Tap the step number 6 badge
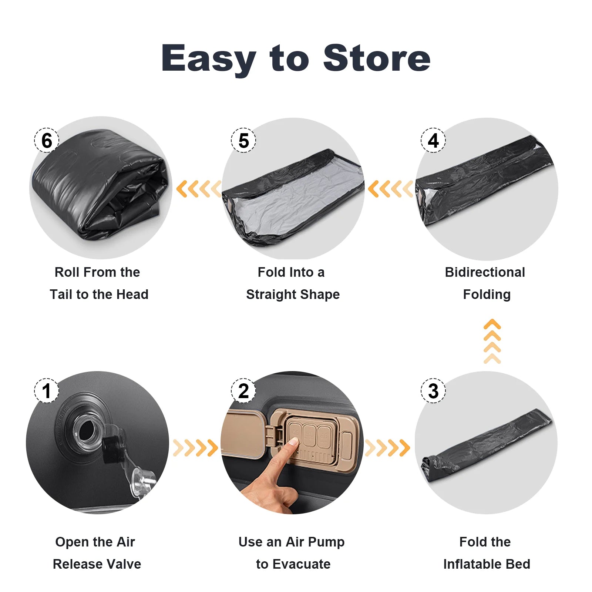click(x=47, y=140)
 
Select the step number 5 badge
click(x=243, y=140)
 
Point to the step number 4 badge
click(x=433, y=140)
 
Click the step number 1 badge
click(x=47, y=391)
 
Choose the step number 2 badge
click(x=243, y=391)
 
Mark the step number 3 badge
click(x=433, y=391)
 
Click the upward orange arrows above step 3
click(x=492, y=341)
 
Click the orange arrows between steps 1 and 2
click(x=195, y=448)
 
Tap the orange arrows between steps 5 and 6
click(x=199, y=189)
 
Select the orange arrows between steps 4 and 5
click(x=390, y=189)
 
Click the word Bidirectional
click(x=485, y=272)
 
